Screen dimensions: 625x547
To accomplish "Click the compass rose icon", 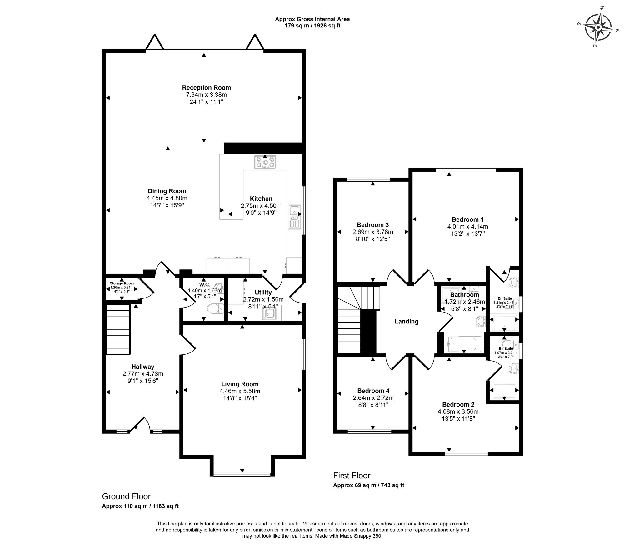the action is (x=598, y=28).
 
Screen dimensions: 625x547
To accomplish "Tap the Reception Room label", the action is (x=206, y=87).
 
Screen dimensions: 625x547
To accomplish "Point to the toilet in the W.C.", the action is (x=216, y=308).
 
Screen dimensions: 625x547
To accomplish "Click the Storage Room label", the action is (x=122, y=283).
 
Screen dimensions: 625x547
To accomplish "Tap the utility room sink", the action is (x=269, y=314).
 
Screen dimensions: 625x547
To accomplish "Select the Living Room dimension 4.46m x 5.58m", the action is (x=240, y=391).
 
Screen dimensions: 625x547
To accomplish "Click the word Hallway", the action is (x=143, y=367).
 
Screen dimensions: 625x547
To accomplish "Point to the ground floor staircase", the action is (x=118, y=329).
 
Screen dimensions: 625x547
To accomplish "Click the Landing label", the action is (x=406, y=321).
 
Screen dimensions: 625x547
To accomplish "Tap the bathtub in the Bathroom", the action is (x=464, y=344).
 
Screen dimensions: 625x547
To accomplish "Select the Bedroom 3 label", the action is (x=373, y=225).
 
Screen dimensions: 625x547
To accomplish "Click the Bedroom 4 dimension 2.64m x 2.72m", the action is (x=373, y=398).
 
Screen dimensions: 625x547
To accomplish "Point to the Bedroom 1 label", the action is (x=465, y=219).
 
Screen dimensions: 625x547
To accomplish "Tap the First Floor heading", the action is (x=352, y=476).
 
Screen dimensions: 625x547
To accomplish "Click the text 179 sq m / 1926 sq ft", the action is (x=312, y=26).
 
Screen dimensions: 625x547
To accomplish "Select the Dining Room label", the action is (x=167, y=191).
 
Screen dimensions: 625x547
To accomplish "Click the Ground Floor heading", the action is (x=126, y=496).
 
